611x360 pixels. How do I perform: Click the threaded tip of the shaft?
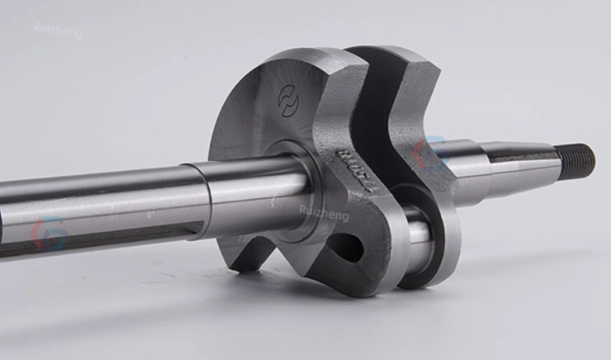[x=580, y=160]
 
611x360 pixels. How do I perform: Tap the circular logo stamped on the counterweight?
[x=289, y=101]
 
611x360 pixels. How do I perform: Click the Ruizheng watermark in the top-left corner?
[x=57, y=30]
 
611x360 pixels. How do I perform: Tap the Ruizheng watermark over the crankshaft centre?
[x=323, y=211]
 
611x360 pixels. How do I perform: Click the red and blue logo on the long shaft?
[x=49, y=234]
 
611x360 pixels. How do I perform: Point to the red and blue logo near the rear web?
[x=429, y=154]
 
